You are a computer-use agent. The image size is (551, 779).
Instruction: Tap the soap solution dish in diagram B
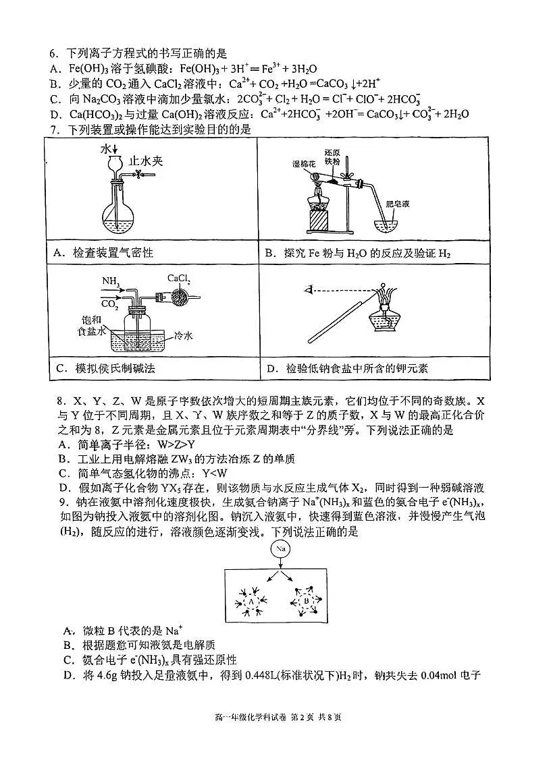point(388,225)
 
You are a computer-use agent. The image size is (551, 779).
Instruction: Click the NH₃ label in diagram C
point(110,280)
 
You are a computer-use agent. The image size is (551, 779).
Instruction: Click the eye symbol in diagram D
point(309,291)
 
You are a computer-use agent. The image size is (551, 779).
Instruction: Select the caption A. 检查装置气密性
point(105,253)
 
